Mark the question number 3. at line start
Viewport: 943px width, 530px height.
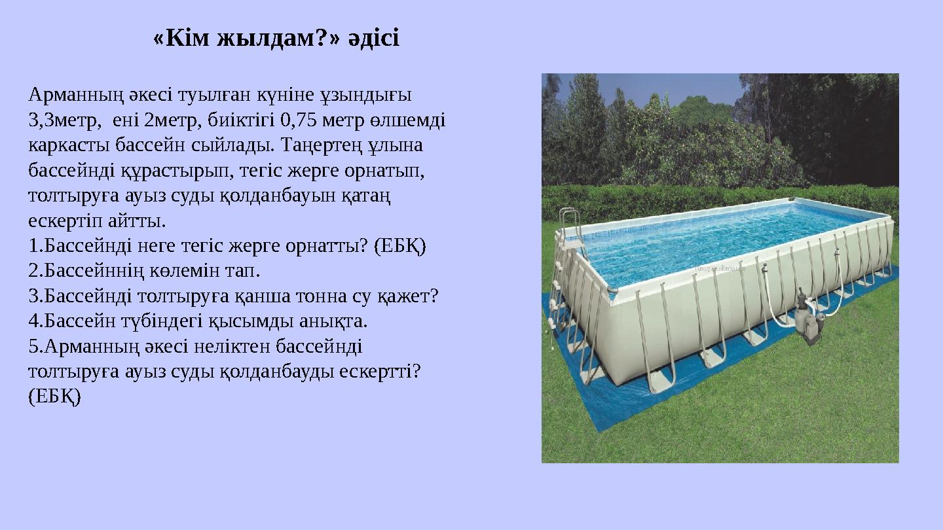(x=36, y=296)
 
